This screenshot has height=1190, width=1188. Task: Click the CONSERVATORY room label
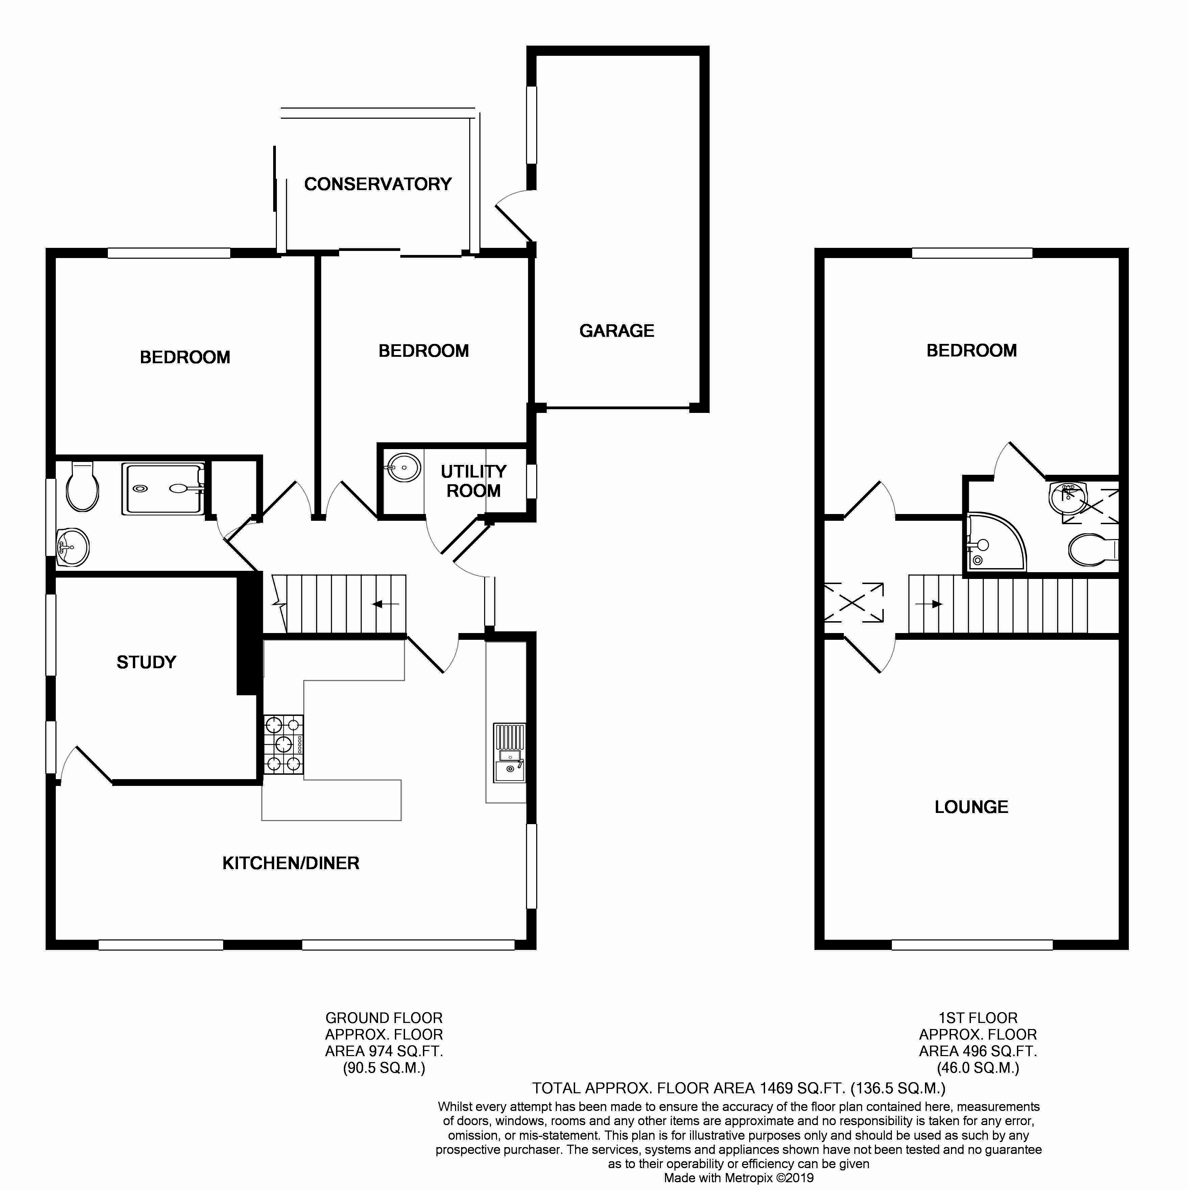coord(378,184)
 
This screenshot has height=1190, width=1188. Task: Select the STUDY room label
coord(147,662)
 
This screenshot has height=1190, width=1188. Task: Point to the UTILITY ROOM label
coord(474,481)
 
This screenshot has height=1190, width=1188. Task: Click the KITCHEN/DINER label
coord(291,863)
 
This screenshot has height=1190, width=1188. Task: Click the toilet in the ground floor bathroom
coord(82,487)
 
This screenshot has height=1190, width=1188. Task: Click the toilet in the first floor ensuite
coord(1093,550)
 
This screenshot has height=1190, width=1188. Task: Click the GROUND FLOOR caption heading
coord(384,1018)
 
